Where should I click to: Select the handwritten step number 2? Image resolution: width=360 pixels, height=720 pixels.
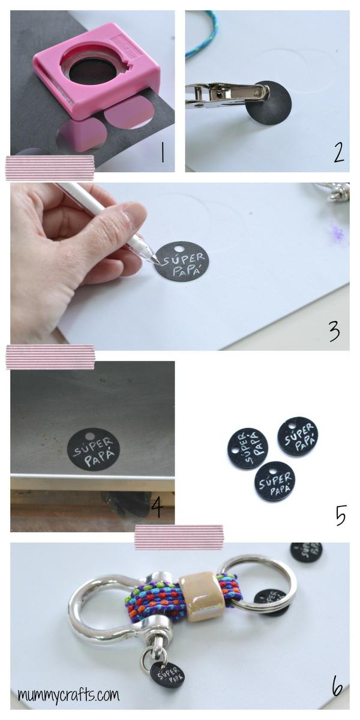tap(339, 153)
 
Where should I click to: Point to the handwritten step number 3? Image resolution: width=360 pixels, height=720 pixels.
tap(334, 331)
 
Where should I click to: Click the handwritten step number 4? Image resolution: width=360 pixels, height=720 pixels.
tap(157, 507)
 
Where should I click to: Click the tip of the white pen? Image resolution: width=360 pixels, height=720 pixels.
tap(157, 261)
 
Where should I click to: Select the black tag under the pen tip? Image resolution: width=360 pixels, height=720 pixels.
tap(181, 261)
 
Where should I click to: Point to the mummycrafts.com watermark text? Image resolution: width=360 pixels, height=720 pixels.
tap(68, 695)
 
